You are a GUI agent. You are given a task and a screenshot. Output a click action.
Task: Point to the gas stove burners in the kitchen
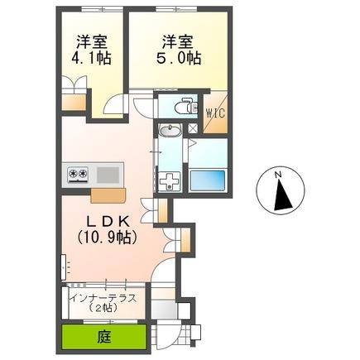tap(79, 174)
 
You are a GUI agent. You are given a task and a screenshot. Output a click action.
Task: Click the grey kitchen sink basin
tap(108, 174)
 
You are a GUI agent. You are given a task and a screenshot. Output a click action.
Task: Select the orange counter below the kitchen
tap(108, 195)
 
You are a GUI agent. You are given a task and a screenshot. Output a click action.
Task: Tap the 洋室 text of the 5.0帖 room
tap(177, 40)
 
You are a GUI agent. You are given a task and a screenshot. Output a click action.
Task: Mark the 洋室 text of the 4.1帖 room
tap(91, 40)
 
